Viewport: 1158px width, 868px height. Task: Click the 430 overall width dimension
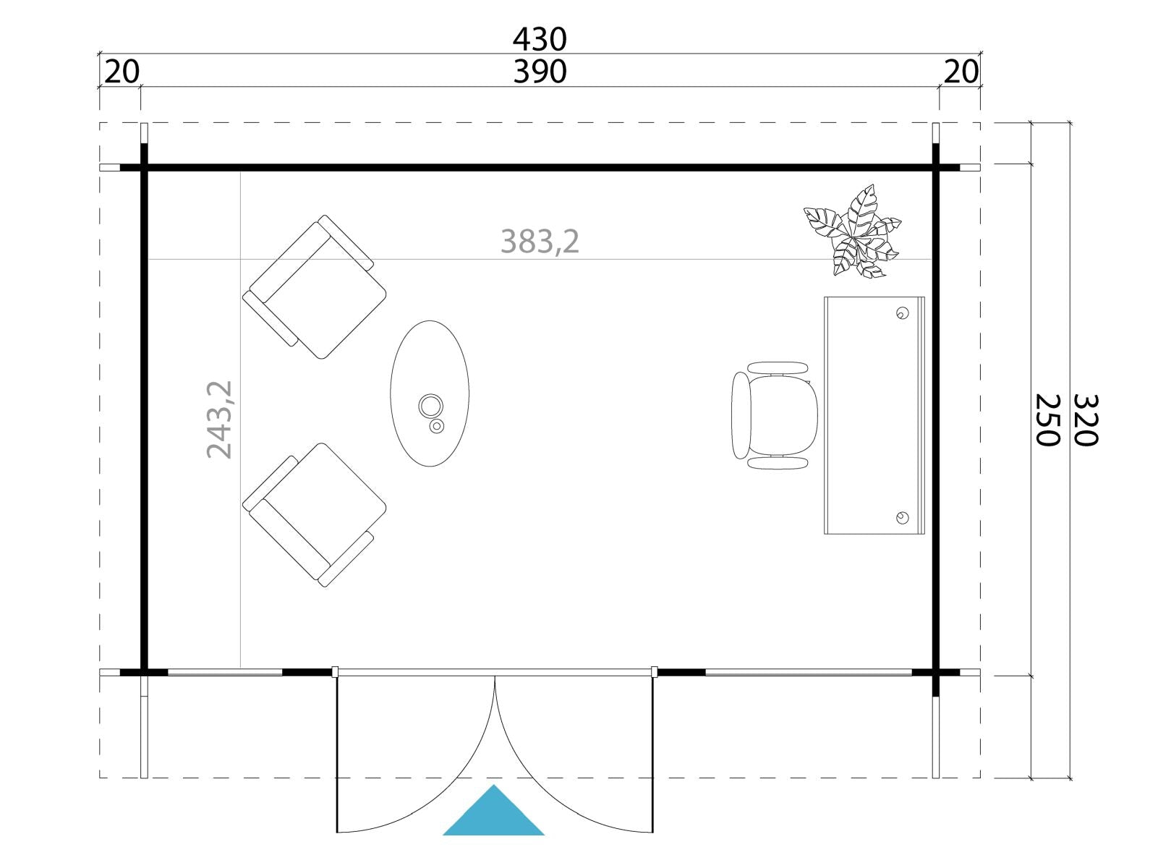point(540,39)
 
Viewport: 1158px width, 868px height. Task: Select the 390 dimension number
point(540,72)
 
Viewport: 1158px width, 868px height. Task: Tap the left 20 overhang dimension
point(122,72)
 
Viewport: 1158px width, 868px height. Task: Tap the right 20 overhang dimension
point(961,72)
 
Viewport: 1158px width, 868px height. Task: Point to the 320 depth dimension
point(1086,420)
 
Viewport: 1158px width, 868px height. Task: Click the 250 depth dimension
point(1048,420)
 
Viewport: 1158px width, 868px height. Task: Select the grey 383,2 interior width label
point(540,242)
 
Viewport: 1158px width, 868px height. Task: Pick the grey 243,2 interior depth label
point(219,420)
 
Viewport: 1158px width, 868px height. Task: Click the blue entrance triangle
point(493,812)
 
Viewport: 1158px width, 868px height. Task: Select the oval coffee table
point(430,393)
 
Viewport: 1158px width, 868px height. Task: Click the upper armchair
point(315,287)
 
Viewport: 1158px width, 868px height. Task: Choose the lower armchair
point(315,515)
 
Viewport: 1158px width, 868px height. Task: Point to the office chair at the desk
point(775,415)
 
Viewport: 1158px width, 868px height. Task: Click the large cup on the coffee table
point(431,406)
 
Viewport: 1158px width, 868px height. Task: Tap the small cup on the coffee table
point(437,426)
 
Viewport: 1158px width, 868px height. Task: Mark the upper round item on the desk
point(903,313)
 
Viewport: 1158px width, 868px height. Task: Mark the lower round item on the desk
point(903,518)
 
